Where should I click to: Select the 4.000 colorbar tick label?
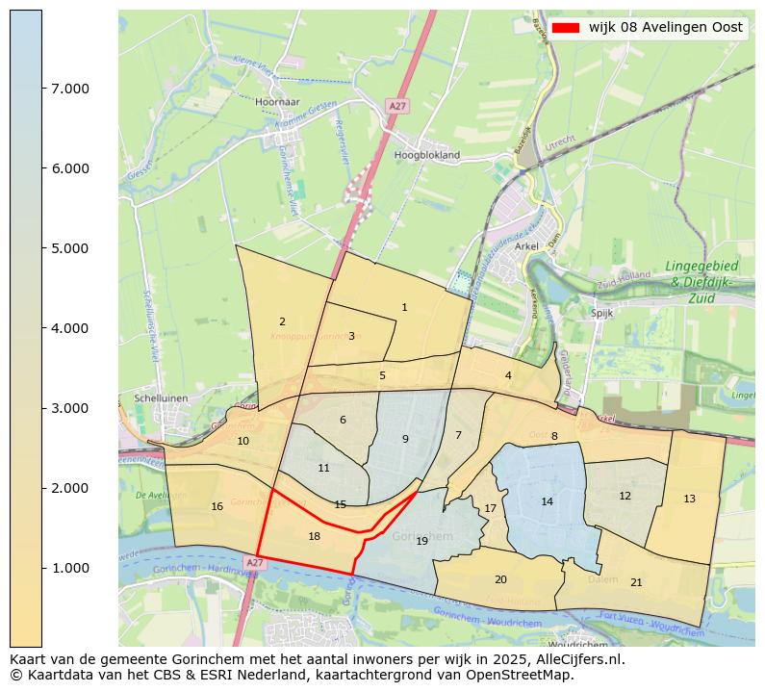click(x=69, y=328)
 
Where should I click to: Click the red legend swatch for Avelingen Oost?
click(x=566, y=28)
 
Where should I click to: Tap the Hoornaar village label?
click(x=278, y=101)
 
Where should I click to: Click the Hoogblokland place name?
click(x=427, y=154)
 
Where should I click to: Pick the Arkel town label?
click(x=526, y=246)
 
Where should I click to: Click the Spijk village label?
click(x=601, y=313)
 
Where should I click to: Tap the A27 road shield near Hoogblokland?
click(x=397, y=105)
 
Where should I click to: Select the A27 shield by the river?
click(x=254, y=562)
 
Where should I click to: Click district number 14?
click(x=547, y=501)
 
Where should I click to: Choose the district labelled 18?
click(x=314, y=536)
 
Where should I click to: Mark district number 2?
click(x=282, y=321)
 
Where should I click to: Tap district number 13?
click(x=689, y=499)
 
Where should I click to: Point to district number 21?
click(x=636, y=582)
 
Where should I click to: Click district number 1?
click(x=404, y=307)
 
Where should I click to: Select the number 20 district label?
click(x=500, y=579)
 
